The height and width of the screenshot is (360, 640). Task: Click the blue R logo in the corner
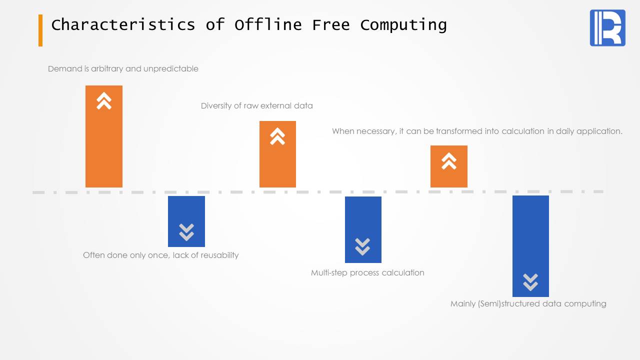pos(607,27)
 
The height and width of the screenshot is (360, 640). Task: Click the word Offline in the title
pos(268,24)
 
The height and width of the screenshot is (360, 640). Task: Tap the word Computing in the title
pos(403,25)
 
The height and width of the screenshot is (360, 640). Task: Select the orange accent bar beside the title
pos(40,30)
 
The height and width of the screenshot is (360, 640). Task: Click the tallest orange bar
pos(104,136)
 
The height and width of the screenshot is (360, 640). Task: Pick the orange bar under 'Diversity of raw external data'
pos(277,154)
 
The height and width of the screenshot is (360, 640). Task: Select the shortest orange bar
pos(449,166)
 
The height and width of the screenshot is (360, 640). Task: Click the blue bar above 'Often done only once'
pos(186,221)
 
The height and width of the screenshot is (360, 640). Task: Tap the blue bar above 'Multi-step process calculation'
pos(363,229)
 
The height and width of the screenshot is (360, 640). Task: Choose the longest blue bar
pos(530,246)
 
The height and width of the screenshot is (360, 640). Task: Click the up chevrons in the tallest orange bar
pos(104,101)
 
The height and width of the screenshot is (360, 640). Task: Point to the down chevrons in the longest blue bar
pos(530,282)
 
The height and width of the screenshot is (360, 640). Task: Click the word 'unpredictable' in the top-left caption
pos(171,68)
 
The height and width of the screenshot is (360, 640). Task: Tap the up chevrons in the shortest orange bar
pos(449,161)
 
